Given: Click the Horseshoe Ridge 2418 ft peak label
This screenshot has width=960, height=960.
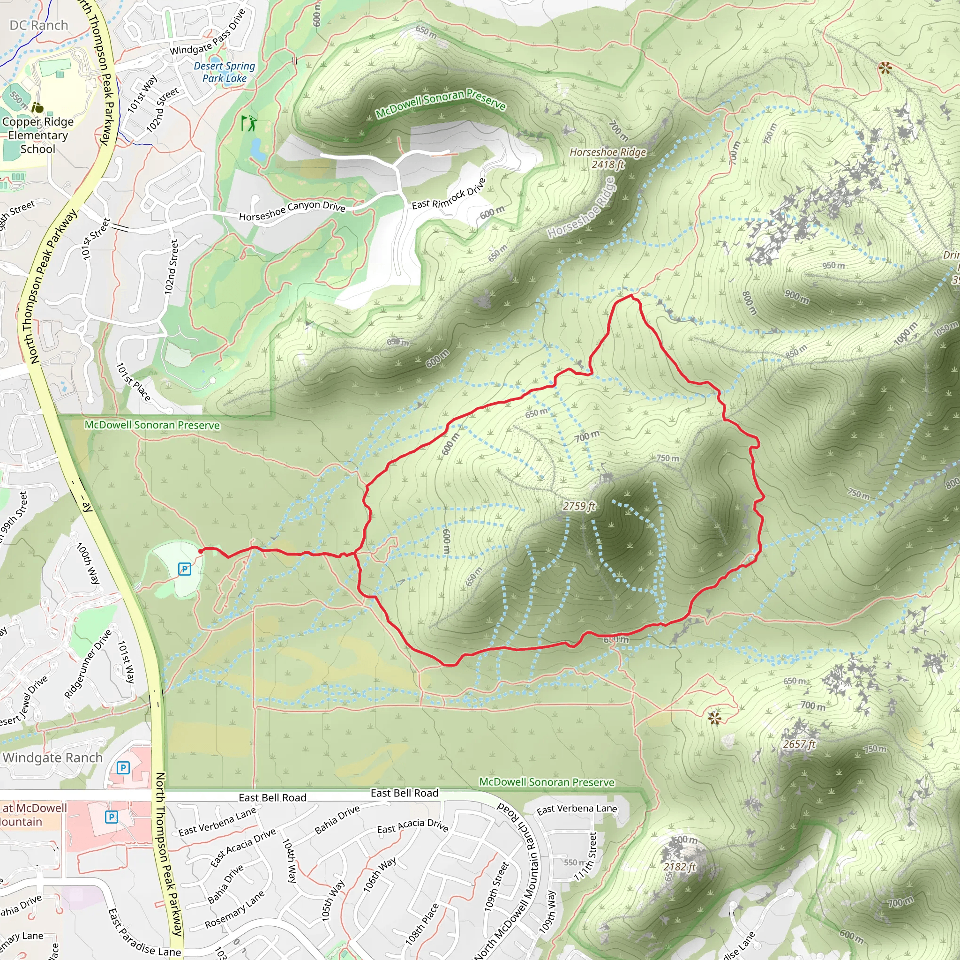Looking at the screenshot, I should pos(607,158).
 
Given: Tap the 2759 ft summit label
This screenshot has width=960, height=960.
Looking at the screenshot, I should pos(579,506).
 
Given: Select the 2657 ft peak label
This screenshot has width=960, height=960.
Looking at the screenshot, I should pos(799,744).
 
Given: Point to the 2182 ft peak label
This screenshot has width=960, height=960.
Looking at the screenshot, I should pos(680,867).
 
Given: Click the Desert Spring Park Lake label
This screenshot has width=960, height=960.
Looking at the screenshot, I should pos(224,72).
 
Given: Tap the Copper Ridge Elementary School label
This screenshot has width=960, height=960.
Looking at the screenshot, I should pos(38,135).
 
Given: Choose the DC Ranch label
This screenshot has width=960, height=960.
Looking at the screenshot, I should pos(39,25).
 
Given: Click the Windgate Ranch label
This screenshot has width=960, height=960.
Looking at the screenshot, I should pos(52,758).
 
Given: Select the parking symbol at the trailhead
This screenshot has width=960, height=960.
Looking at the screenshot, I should pos(184,569).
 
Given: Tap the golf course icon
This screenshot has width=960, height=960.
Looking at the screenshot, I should pos(248,123).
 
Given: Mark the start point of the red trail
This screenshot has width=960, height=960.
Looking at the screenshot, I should pos(200,551).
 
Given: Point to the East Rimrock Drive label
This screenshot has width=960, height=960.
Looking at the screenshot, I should pos(448,194).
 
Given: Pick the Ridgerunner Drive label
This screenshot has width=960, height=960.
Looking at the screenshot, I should pos(88,664).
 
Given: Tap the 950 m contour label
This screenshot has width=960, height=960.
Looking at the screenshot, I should pos(833,266).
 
